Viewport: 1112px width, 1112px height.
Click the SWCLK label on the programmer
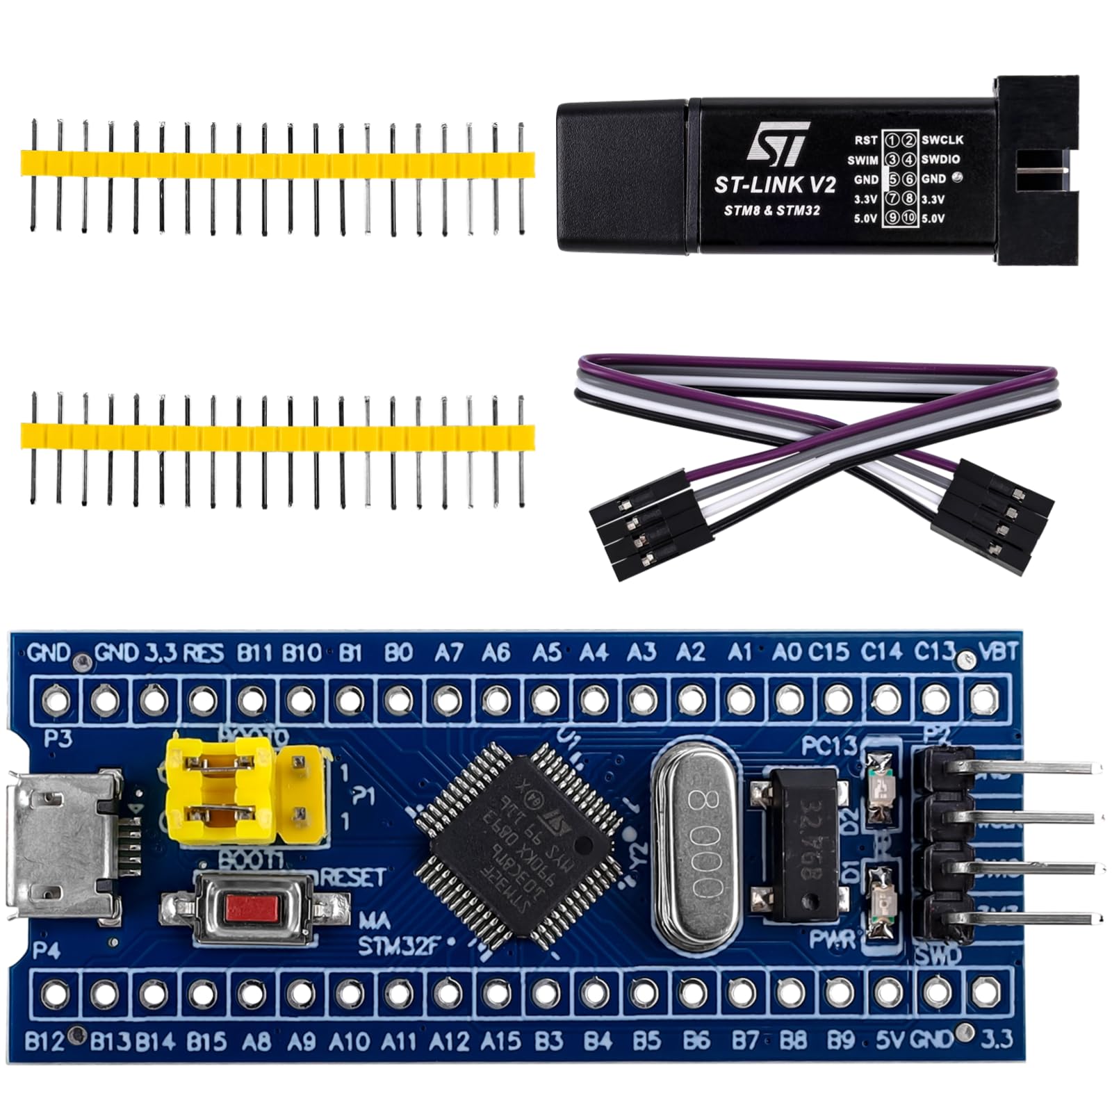(942, 140)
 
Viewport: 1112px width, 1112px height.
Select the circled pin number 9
(892, 218)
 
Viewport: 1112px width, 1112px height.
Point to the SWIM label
(862, 160)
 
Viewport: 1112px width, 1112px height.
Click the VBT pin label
(997, 653)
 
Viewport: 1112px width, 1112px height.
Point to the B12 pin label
(44, 1041)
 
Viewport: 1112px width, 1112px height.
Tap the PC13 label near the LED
(828, 746)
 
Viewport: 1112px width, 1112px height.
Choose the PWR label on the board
(833, 940)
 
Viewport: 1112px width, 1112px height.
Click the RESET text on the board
(352, 878)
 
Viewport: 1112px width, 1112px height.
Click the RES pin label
(204, 653)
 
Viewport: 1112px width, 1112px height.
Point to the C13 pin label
(933, 653)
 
